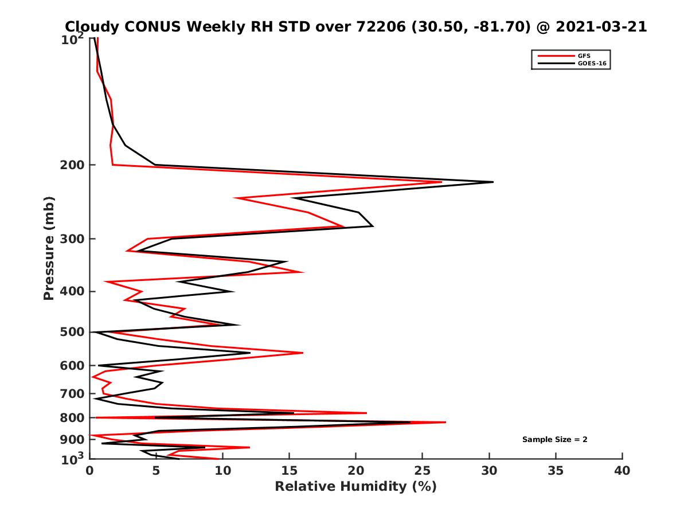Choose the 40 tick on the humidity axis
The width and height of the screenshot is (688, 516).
coord(622,471)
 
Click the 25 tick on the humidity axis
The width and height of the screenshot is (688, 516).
coord(423,471)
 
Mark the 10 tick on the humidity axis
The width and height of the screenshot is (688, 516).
coord(223,471)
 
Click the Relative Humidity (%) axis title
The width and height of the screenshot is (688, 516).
coord(355,487)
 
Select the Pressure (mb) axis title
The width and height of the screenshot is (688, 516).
coord(49,248)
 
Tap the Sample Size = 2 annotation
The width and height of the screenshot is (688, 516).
coord(554,440)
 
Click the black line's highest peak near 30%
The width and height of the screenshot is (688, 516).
coord(492,182)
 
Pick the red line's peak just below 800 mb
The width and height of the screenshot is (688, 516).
coord(445,423)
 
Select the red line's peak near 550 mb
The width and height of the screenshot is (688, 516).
coord(302,353)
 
